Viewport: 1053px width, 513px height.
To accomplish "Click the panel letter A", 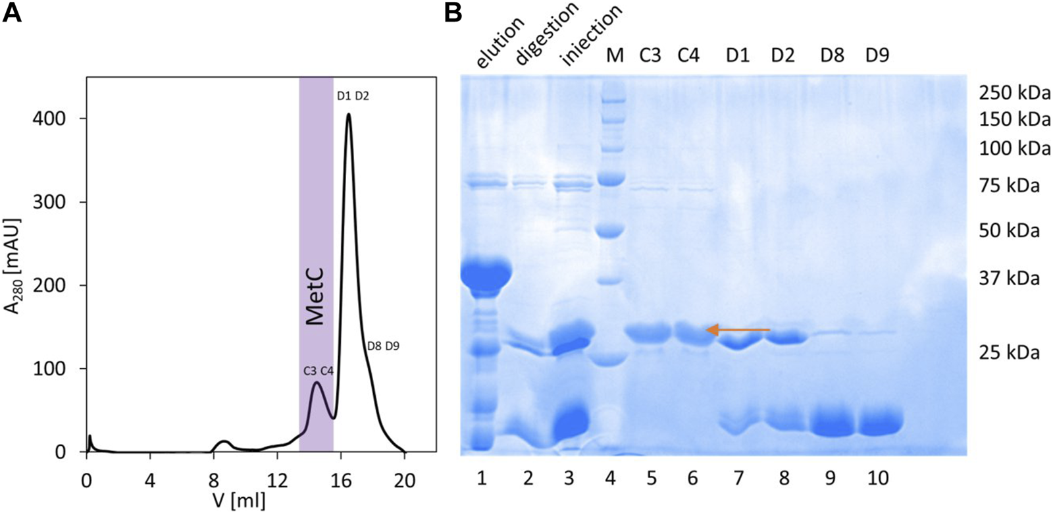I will [x=13, y=13].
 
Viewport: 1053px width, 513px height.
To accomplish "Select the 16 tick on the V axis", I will [x=340, y=481].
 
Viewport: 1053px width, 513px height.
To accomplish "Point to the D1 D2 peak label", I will [x=353, y=96].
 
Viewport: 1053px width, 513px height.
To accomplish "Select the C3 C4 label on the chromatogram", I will [x=319, y=371].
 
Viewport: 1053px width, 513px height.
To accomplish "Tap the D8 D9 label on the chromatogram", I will [x=382, y=345].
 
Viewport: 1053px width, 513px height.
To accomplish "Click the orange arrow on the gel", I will [x=737, y=329].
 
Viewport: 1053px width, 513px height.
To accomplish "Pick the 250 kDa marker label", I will [x=1014, y=94].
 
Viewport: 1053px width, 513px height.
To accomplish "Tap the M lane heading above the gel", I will [x=614, y=57].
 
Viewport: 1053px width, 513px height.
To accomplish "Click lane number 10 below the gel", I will [x=878, y=478].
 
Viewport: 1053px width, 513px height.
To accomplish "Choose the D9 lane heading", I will [x=877, y=57].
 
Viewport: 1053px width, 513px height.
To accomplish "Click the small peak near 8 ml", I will [x=224, y=442].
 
